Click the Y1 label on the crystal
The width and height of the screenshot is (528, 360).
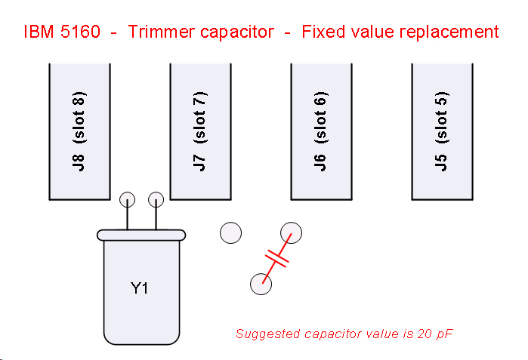click(x=140, y=288)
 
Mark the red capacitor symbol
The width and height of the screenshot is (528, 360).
click(x=277, y=259)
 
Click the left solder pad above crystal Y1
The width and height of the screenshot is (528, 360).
click(x=127, y=200)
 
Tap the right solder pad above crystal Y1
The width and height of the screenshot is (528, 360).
click(x=156, y=200)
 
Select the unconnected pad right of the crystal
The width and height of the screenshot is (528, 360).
click(x=230, y=232)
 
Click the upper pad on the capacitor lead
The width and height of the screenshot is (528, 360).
click(x=291, y=232)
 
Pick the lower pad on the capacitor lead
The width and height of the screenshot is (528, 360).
click(x=261, y=285)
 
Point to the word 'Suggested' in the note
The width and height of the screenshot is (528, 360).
click(x=265, y=333)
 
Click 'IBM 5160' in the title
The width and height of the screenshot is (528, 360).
click(x=62, y=32)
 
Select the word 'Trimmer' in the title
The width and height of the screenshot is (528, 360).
click(x=157, y=32)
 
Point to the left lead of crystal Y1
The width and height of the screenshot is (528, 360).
click(x=127, y=217)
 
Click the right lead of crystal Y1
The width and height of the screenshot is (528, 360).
click(x=156, y=217)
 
